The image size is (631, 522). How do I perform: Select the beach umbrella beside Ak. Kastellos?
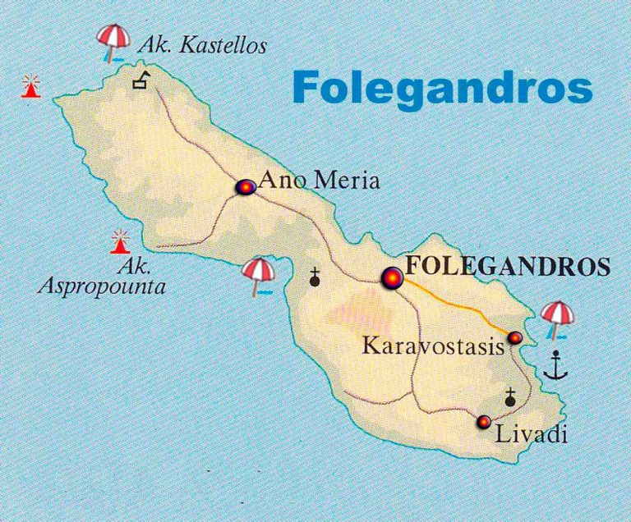(113, 42)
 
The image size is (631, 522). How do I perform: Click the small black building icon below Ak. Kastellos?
(143, 80)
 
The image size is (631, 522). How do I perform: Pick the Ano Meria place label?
(319, 181)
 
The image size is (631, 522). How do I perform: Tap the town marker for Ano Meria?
(245, 187)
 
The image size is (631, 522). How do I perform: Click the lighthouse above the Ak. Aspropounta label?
(121, 241)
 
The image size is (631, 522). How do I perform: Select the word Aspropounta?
(102, 287)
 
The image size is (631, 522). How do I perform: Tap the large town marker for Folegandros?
(392, 280)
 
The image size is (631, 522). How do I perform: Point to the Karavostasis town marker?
(515, 337)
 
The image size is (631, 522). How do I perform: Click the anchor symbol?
(557, 364)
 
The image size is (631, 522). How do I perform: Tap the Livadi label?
(532, 433)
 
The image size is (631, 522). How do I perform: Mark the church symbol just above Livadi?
(510, 397)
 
